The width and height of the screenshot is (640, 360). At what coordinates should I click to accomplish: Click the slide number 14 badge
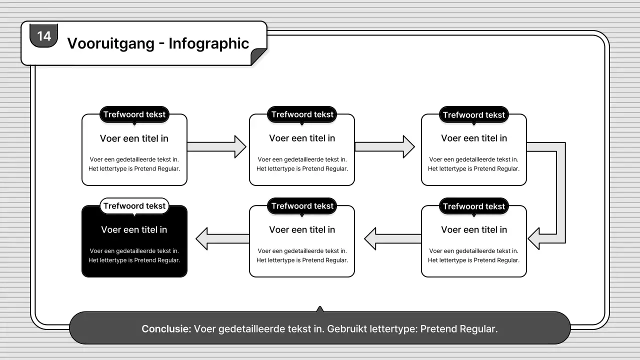point(44,35)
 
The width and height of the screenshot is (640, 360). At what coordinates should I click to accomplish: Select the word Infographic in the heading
point(208,43)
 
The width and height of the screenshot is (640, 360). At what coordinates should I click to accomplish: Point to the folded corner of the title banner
point(258,56)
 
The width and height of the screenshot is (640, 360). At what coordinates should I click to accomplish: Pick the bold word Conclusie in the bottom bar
point(166,329)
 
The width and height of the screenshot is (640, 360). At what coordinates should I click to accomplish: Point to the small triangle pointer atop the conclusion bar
point(320,309)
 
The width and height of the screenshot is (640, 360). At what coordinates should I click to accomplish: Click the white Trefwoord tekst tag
point(134,206)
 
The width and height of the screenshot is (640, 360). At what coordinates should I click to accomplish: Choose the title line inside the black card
point(134,230)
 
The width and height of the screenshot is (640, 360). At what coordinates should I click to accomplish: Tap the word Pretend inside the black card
point(146,260)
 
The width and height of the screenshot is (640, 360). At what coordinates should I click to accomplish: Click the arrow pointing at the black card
point(222,239)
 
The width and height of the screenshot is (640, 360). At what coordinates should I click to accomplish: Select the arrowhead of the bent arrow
point(534,238)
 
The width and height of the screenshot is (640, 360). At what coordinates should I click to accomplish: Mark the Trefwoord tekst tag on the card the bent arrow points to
point(473,206)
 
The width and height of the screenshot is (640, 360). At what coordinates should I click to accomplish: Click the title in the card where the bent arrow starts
point(473,138)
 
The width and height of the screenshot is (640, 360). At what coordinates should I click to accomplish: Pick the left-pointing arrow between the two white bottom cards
point(392,239)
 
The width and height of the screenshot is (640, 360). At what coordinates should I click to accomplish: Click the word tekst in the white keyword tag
point(155,206)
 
